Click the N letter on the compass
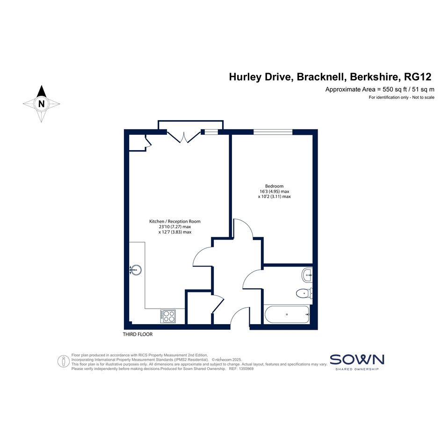[42, 104]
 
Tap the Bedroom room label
[274, 186]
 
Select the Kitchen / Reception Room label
[175, 221]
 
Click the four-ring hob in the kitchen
[168, 316]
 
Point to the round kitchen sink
[136, 270]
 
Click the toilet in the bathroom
[304, 293]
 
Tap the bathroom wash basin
[307, 275]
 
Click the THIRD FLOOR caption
[138, 334]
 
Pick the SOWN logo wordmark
[357, 360]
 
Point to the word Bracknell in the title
[320, 77]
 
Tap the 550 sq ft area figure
[395, 89]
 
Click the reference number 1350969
[246, 369]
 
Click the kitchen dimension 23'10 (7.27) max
[175, 227]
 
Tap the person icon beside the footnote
[64, 361]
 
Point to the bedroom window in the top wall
[273, 132]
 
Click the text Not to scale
[423, 97]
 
